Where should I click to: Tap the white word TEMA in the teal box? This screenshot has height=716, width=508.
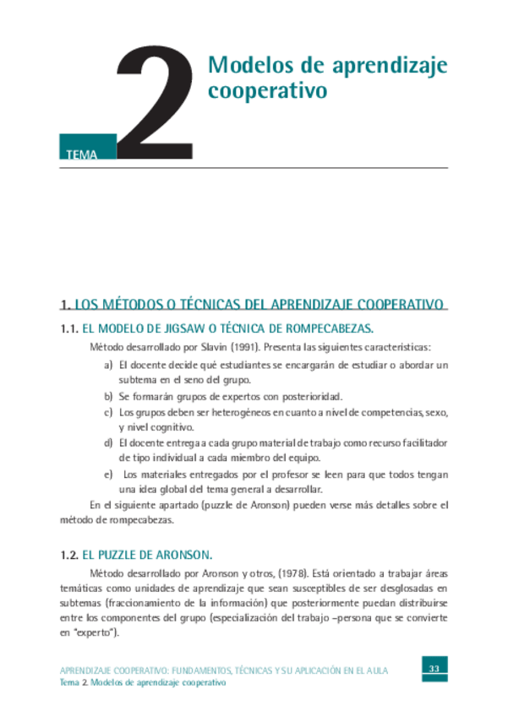tap(80, 155)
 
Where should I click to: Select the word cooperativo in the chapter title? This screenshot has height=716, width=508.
tap(267, 91)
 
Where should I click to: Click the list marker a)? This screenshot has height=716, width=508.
tap(108, 364)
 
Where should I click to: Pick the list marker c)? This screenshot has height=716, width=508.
tap(108, 412)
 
